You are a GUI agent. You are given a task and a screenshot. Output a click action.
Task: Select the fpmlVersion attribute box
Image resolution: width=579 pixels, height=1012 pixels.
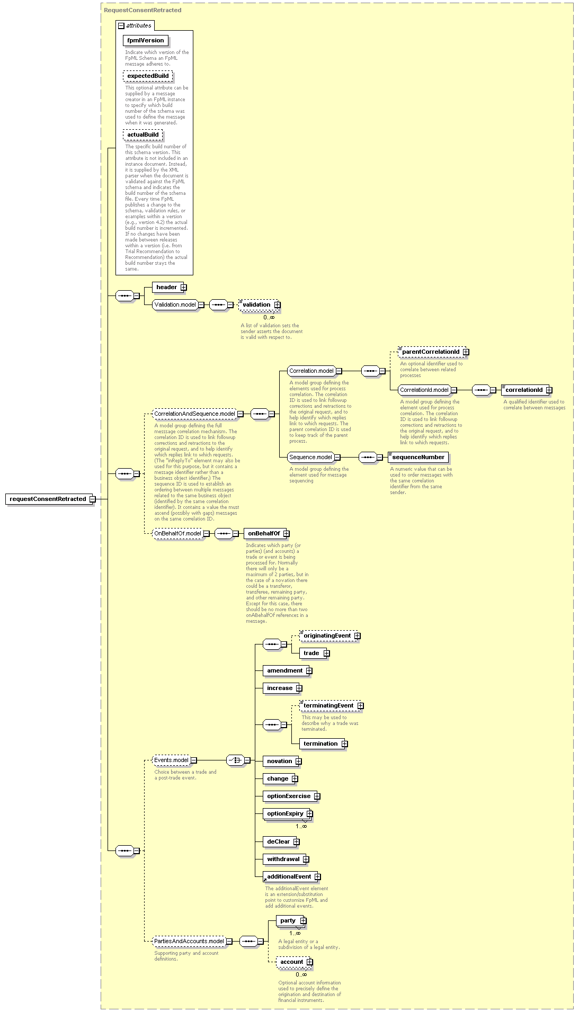click(x=146, y=40)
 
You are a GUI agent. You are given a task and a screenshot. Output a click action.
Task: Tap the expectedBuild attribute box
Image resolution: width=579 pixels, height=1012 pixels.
click(x=148, y=76)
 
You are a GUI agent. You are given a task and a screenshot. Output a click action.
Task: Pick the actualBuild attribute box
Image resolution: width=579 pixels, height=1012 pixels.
click(x=142, y=135)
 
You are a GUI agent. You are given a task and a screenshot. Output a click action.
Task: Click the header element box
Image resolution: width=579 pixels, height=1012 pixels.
click(x=169, y=287)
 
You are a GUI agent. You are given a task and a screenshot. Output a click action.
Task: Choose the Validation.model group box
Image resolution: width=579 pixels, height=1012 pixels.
click(x=175, y=305)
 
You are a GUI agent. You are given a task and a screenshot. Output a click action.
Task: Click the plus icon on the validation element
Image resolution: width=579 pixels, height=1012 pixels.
click(x=277, y=305)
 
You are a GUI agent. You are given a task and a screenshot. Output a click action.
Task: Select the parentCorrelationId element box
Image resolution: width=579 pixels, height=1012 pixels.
click(x=433, y=352)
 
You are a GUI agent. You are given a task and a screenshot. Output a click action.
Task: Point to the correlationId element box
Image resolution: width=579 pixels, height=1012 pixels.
click(x=526, y=390)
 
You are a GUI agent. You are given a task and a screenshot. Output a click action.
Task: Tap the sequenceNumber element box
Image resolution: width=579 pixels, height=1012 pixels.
click(x=418, y=457)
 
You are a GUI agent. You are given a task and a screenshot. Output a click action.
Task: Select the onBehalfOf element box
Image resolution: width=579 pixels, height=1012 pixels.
click(x=266, y=533)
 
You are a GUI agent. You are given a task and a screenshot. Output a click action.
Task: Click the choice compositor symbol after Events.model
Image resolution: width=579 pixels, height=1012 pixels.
click(x=235, y=760)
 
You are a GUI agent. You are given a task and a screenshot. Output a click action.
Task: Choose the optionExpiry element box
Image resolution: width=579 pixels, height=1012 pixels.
click(x=288, y=813)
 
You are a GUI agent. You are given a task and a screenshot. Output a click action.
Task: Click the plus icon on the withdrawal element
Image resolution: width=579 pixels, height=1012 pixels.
click(x=306, y=859)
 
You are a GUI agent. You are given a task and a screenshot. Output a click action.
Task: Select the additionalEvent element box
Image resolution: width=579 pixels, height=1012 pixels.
click(x=291, y=876)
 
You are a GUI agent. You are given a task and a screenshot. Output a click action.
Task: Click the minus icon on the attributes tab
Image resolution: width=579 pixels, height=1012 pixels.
click(x=121, y=25)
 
